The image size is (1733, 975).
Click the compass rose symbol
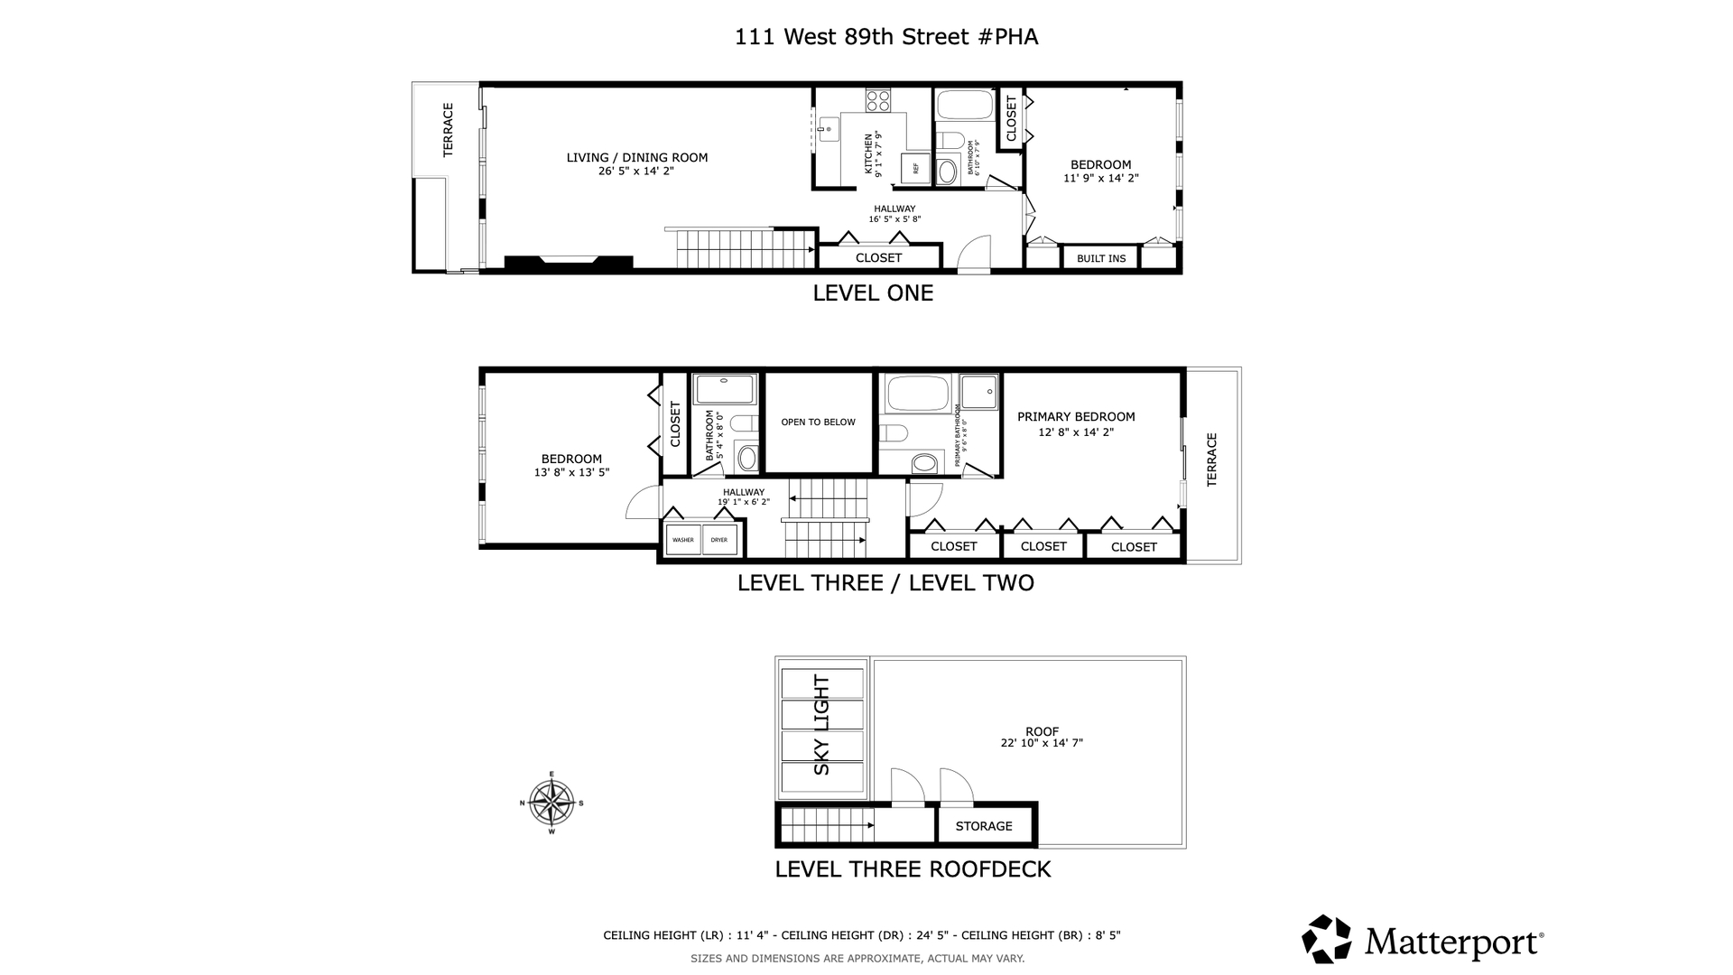[x=551, y=802]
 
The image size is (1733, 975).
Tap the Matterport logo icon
[x=1326, y=939]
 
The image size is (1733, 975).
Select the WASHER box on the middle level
[x=683, y=540]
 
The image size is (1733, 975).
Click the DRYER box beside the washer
[x=719, y=540]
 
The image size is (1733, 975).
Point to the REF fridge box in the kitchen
[x=915, y=168]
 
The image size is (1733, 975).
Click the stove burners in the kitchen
[x=877, y=99]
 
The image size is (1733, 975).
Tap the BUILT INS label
[x=1101, y=258]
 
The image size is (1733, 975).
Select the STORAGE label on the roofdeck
[x=984, y=826]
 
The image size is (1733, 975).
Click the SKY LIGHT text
[x=821, y=725]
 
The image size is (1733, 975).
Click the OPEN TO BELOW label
[x=818, y=422]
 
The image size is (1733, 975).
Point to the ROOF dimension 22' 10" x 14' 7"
[x=1042, y=744]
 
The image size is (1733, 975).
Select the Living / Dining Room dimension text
[x=636, y=171]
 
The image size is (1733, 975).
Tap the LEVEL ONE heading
[x=873, y=293]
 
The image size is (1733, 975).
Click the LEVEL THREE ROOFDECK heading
[x=913, y=869]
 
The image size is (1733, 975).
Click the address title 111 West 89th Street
[x=885, y=37]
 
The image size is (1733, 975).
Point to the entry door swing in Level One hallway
[x=973, y=253]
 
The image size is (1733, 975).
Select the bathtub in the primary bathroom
[x=917, y=394]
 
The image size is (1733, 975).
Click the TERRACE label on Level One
[x=448, y=130]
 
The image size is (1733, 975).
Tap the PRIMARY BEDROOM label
[x=1076, y=417]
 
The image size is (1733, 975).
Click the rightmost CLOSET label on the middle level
[x=1134, y=547]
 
